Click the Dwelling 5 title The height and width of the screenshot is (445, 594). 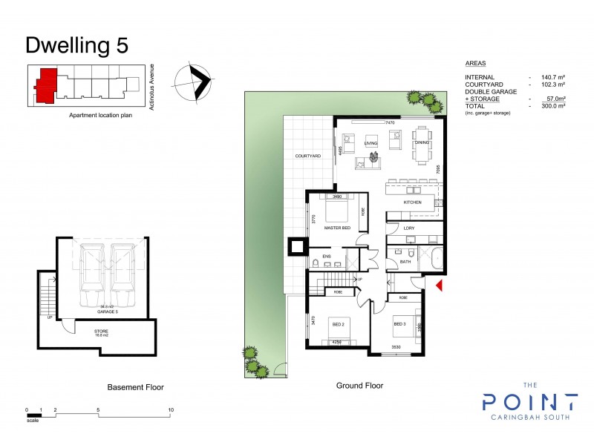(76, 44)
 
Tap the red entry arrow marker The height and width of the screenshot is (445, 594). (439, 284)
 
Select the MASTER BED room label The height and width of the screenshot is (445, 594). (337, 228)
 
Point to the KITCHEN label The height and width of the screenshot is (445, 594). (412, 202)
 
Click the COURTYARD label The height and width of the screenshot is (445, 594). (307, 156)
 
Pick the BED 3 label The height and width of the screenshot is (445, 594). (399, 324)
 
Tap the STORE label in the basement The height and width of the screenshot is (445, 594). (100, 332)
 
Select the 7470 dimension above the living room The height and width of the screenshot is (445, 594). (390, 122)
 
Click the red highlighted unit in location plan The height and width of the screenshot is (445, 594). (47, 82)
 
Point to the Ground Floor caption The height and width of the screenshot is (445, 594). (359, 386)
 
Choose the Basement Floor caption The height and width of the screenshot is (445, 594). (136, 387)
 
